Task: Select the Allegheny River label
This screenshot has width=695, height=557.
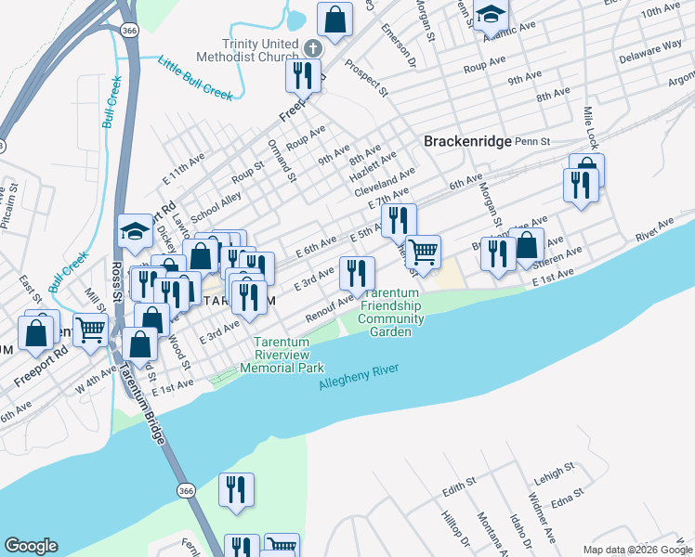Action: (359, 377)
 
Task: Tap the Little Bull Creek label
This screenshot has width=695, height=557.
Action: (195, 79)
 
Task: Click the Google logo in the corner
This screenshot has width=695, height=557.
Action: (31, 546)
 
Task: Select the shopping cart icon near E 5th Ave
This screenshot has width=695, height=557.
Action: (424, 251)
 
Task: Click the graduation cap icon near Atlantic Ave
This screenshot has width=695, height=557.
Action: (490, 15)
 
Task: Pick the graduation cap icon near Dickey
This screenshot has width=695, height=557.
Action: (135, 232)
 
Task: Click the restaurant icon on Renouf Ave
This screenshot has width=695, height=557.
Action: (357, 273)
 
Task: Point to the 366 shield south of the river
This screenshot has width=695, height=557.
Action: (186, 490)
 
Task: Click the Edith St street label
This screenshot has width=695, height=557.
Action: (459, 484)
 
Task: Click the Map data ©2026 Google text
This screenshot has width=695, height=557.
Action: (637, 550)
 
